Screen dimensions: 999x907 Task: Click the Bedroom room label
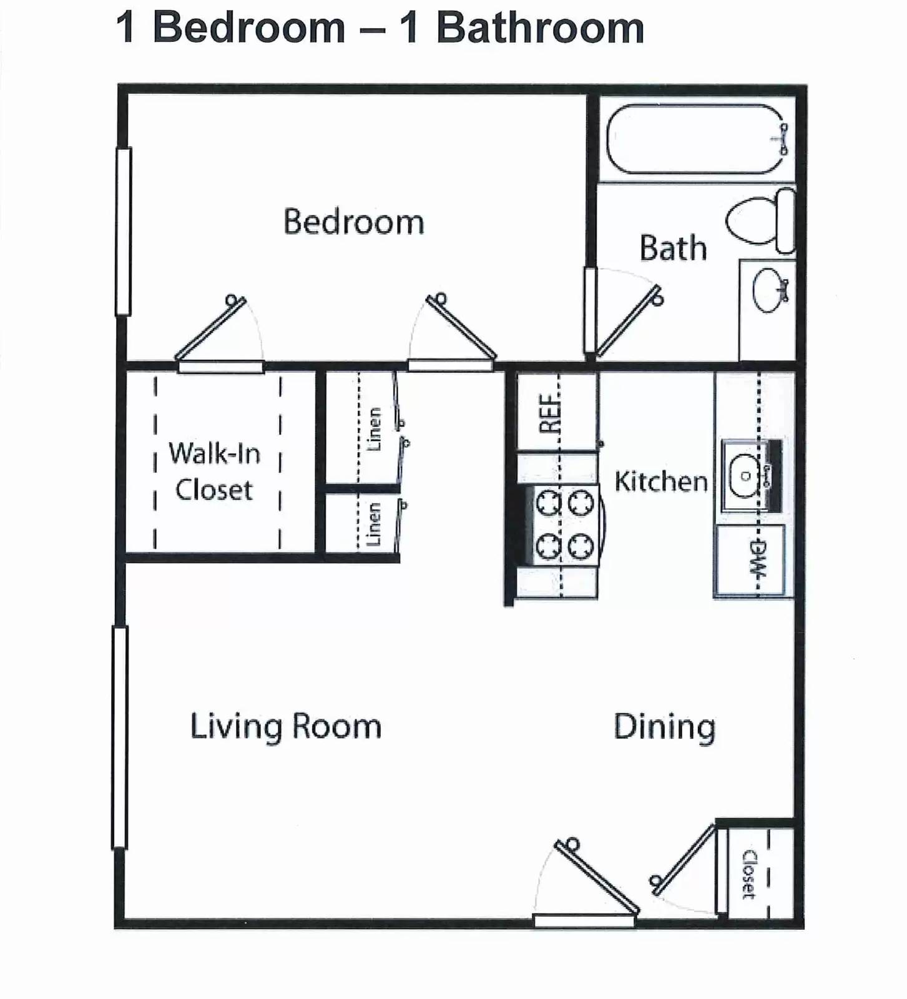click(353, 222)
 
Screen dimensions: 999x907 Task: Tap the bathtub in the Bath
click(695, 139)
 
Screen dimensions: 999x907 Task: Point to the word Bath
click(673, 249)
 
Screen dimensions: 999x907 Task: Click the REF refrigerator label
click(549, 413)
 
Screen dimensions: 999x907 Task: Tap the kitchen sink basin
click(744, 476)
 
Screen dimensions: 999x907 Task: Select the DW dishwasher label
click(757, 559)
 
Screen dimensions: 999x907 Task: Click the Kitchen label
click(660, 481)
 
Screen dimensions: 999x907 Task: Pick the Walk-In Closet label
click(214, 471)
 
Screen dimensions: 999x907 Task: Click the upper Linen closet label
click(375, 429)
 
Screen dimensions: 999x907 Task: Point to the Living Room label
click(285, 727)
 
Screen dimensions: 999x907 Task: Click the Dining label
click(664, 727)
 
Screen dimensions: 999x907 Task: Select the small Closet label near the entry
click(748, 874)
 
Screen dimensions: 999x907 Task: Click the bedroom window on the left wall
click(123, 231)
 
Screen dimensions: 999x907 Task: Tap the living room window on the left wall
click(119, 737)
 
